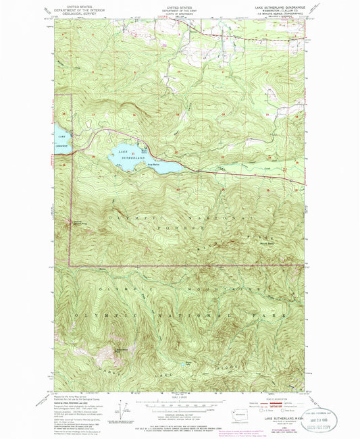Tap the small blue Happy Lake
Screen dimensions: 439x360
point(190,364)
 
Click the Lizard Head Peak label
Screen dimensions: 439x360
point(121,349)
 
